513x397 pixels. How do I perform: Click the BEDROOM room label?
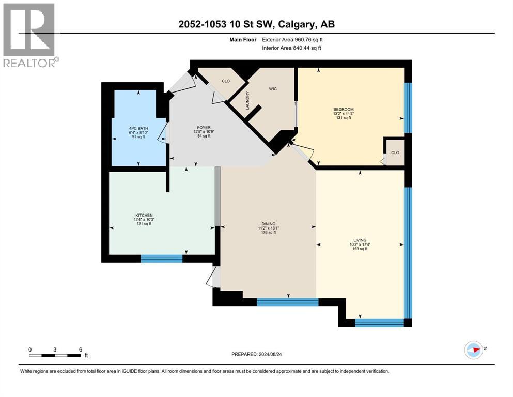click(343, 109)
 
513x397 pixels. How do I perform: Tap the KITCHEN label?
click(144, 216)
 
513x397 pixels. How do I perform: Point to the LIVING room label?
click(360, 240)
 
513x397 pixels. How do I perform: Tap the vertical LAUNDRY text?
click(248, 100)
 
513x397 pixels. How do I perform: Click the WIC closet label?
click(273, 89)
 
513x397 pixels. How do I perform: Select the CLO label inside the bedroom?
click(395, 152)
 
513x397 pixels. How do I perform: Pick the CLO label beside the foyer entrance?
click(226, 81)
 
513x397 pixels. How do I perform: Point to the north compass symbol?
click(473, 349)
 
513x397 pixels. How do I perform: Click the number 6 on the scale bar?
click(80, 349)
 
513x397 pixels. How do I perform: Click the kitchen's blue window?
click(162, 258)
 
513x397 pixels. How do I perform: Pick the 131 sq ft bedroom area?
click(343, 118)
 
